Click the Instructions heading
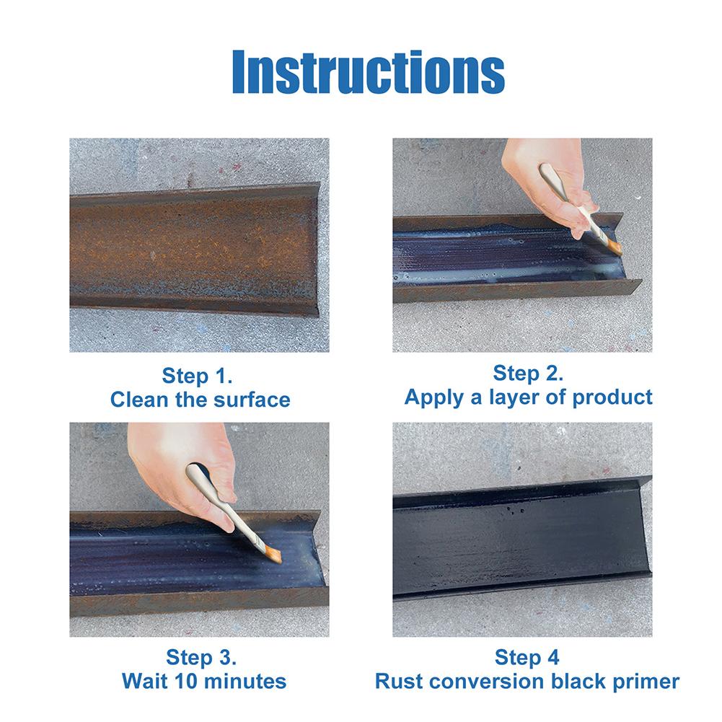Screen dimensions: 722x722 [x=369, y=72]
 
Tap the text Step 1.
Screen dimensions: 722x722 [x=197, y=376]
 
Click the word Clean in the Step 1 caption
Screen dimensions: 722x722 [x=139, y=400]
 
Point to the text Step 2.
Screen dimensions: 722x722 [x=528, y=373]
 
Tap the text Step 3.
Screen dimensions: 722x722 [x=201, y=657]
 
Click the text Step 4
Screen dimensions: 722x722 [x=527, y=657]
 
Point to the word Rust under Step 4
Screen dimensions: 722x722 [x=398, y=682]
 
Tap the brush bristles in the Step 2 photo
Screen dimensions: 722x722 [x=615, y=247]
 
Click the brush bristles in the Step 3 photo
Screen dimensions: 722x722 [x=275, y=553]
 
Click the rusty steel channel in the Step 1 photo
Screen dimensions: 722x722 [x=193, y=250]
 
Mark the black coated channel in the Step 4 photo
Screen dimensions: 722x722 [x=522, y=539]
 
